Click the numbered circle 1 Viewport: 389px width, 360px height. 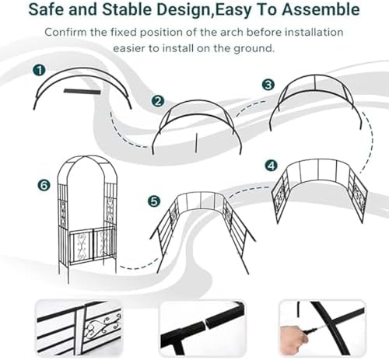37,70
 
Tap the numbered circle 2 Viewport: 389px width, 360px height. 158,101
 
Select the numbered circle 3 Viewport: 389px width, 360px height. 268,84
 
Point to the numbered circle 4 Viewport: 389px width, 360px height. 271,166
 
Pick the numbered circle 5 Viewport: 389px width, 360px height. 154,201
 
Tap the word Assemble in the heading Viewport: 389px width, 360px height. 321,11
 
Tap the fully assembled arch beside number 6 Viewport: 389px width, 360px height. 87,214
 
